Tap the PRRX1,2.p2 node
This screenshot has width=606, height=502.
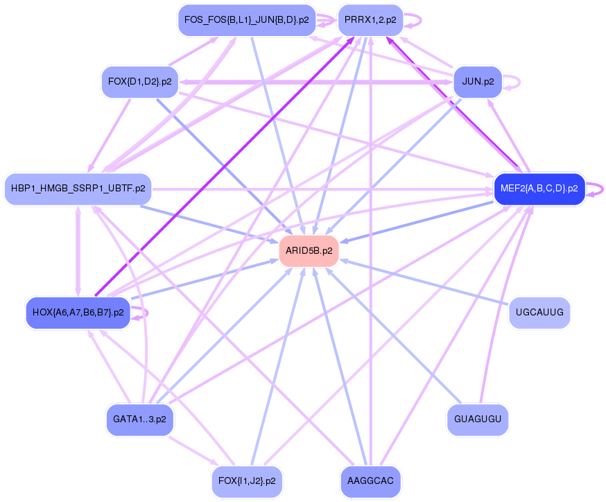pyautogui.click(x=370, y=20)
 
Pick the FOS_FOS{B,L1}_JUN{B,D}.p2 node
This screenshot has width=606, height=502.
pyautogui.click(x=247, y=20)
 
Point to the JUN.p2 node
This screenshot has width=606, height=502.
pyautogui.click(x=477, y=82)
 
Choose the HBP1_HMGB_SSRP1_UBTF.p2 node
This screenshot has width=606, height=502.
pyautogui.click(x=78, y=189)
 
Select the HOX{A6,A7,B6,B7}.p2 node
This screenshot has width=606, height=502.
pyautogui.click(x=78, y=312)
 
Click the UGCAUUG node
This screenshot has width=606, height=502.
pyautogui.click(x=539, y=312)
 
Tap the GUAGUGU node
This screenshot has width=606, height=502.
pyautogui.click(x=478, y=419)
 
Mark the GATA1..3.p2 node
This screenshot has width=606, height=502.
pyautogui.click(x=139, y=419)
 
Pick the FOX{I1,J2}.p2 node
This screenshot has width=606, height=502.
pyautogui.click(x=247, y=481)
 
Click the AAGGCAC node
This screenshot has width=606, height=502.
pyautogui.click(x=371, y=481)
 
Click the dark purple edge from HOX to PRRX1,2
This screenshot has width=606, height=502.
pyautogui.click(x=222, y=166)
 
